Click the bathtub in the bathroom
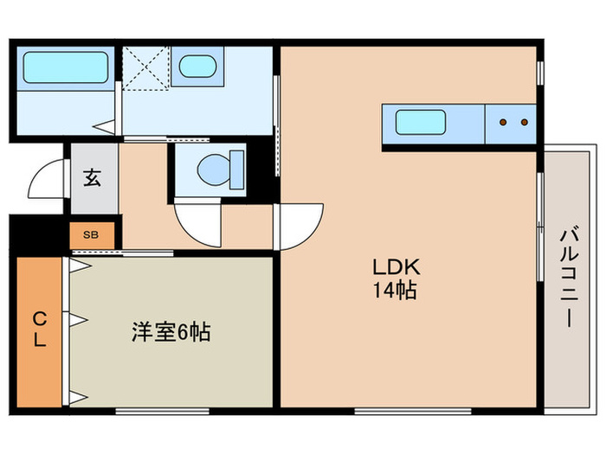coord(65,67)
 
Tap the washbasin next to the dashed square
coord(197,67)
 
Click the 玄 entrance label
coord(93,179)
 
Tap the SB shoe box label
coord(90,233)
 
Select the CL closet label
coord(39,329)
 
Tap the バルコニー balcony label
coord(568,275)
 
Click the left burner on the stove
coord(503,122)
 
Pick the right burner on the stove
coord(524,122)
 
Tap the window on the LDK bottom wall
coord(413,409)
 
